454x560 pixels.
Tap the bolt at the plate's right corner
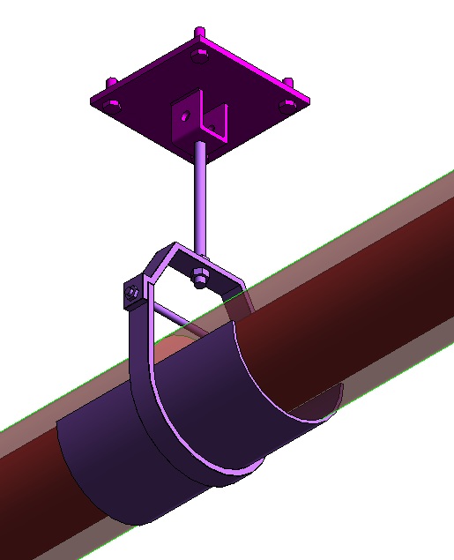(287, 85)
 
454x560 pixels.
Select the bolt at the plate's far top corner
(199, 34)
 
